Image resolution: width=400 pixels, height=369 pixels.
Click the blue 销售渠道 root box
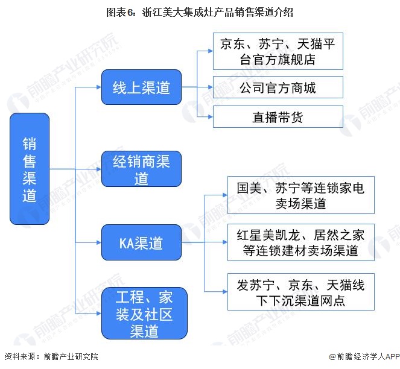[30, 169]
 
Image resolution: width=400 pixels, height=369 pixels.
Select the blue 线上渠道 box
[141, 88]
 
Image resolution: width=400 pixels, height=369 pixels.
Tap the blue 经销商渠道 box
[141, 169]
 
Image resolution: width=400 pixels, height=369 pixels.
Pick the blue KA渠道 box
[141, 244]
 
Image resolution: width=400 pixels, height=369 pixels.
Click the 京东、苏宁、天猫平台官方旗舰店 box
[278, 51]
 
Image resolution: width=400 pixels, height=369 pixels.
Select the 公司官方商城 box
[278, 88]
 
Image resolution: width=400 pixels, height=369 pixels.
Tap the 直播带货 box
[278, 117]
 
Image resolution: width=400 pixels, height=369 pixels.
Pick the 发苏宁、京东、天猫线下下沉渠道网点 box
[296, 291]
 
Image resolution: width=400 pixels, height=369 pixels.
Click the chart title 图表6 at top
[200, 11]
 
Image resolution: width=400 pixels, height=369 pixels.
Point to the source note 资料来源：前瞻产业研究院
[51, 357]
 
